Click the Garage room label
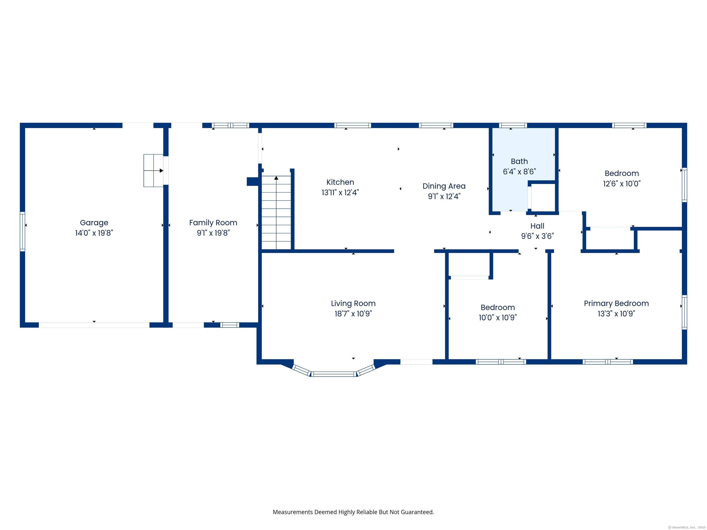coord(94,223)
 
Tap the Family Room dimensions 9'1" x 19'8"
coord(213,233)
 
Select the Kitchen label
coord(340,182)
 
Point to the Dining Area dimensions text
coord(444,196)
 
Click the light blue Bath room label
coord(519,161)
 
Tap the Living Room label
coord(353,303)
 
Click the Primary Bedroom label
coord(616,303)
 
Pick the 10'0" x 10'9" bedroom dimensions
coord(498,317)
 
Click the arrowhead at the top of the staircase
coord(276,178)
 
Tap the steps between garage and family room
coord(154,171)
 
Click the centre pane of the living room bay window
coord(334,374)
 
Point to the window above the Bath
coord(513,125)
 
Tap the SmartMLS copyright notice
coord(687,527)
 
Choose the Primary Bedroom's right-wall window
coord(684,312)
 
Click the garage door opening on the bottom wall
coord(94,325)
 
